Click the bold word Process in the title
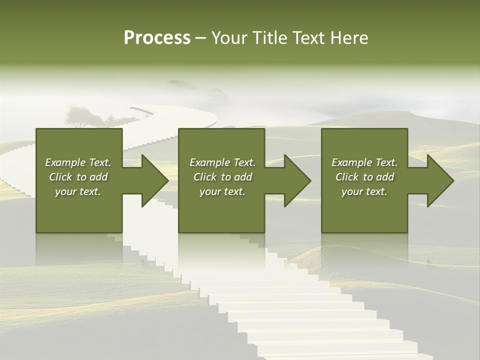pos(157,38)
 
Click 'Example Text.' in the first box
pos(78,162)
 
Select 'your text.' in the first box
pos(78,191)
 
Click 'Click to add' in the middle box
pos(222,177)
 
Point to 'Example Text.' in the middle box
pos(222,162)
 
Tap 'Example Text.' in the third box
pos(364,162)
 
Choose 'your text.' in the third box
pos(364,191)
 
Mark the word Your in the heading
pos(230,38)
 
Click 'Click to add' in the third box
pos(364,177)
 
